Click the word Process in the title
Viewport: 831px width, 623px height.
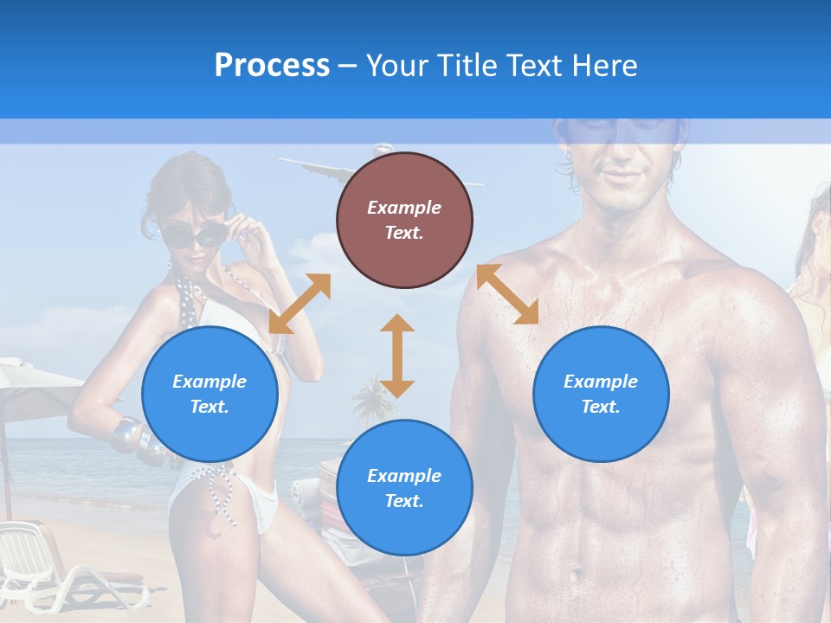click(272, 65)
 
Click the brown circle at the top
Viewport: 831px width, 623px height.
click(404, 220)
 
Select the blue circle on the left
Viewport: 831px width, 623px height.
click(209, 394)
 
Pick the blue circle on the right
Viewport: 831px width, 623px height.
click(601, 394)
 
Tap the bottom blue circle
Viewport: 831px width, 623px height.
click(404, 488)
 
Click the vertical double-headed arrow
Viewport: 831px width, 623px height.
click(397, 356)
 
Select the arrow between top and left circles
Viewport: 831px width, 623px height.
click(300, 304)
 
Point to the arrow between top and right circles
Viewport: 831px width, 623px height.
click(507, 294)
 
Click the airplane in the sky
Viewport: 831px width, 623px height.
click(320, 169)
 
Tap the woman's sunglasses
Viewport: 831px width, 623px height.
click(192, 234)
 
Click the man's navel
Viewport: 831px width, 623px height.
click(572, 572)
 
